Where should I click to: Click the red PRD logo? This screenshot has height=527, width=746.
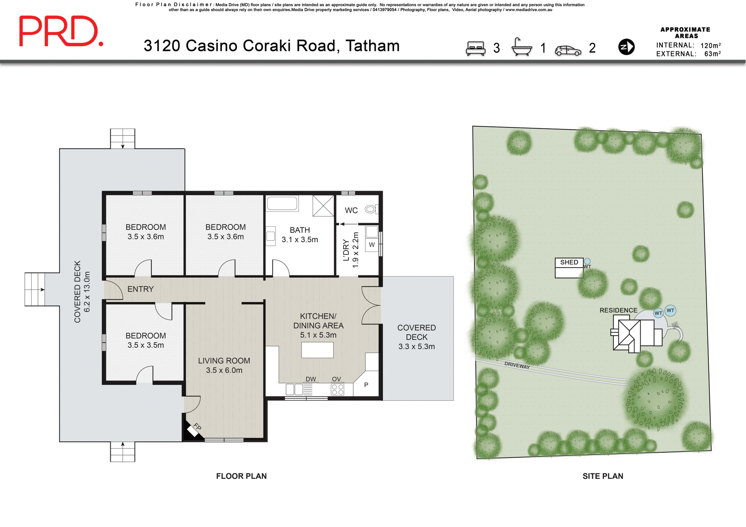coord(61,31)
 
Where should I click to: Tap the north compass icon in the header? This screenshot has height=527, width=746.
coord(626,47)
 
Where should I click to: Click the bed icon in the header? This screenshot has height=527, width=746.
coord(476,48)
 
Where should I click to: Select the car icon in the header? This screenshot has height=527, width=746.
coord(568,50)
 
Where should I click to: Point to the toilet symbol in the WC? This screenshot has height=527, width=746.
coord(370,209)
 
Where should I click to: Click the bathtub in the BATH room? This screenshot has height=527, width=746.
coord(282,203)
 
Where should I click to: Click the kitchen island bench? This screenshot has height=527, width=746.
coord(317,350)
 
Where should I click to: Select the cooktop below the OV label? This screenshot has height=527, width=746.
coord(337,389)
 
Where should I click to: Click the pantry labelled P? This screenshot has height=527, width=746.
coord(366,385)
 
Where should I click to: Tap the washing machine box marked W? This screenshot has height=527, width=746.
coord(372,245)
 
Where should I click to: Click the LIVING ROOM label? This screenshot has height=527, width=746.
coord(224,361)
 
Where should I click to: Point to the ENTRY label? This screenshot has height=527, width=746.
coord(140,289)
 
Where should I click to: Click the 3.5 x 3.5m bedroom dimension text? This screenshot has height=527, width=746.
coord(146,345)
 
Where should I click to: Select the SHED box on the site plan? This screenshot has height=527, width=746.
coord(569,268)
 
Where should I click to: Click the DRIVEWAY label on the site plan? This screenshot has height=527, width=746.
coord(517,365)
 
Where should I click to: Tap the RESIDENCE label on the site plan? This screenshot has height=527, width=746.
coord(618,310)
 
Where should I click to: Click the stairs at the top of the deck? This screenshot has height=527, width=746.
coord(122,138)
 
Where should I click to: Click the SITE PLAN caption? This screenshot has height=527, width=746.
coord(603,476)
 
